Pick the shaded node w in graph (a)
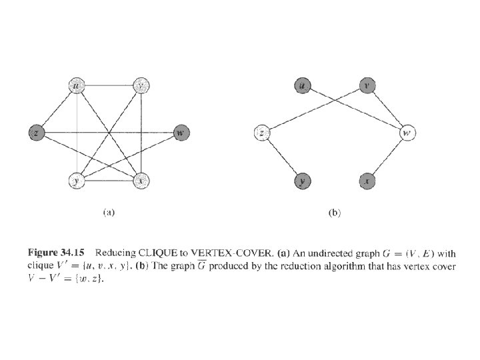180,133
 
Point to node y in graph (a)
77,180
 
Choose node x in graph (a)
141,180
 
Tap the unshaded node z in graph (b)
262,133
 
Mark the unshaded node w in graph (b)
407,133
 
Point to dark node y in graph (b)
303,180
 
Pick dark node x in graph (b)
367,180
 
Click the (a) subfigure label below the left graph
109,213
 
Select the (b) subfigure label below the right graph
335,213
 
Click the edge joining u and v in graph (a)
109,85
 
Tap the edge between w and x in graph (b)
387,157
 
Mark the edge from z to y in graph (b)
282,157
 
